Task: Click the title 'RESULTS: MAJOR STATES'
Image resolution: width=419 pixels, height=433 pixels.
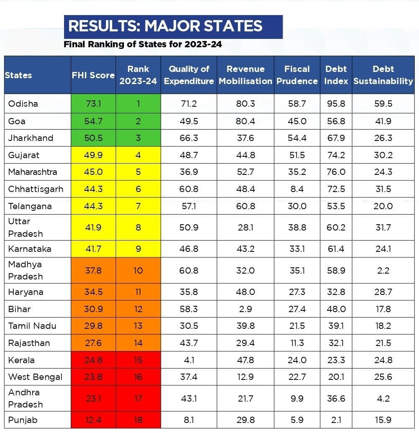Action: point(165,26)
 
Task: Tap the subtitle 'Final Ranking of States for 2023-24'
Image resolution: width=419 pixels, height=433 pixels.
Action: point(143,44)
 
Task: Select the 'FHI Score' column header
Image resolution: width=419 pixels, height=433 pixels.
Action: point(93,75)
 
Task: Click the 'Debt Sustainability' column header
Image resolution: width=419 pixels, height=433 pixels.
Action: point(383,75)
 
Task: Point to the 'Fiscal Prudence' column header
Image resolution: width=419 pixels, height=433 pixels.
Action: point(297,75)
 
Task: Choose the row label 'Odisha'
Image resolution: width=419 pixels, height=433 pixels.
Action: point(23,103)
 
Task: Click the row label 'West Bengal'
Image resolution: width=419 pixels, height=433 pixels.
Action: point(35,377)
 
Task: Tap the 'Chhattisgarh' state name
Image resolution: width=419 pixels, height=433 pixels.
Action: point(36,189)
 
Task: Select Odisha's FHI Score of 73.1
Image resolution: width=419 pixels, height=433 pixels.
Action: point(93,103)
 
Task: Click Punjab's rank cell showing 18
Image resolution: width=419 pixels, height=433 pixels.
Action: point(138,420)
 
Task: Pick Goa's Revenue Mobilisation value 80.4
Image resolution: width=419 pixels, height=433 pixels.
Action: point(245,121)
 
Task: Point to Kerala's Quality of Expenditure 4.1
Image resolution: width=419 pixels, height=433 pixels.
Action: point(188,360)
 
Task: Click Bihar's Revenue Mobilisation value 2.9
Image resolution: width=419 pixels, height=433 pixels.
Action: point(245,309)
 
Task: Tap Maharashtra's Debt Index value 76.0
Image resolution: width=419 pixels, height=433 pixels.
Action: point(336,172)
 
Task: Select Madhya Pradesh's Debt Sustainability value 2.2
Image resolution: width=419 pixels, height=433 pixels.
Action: point(383,271)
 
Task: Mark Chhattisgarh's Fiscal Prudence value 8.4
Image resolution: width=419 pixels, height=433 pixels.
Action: point(297,189)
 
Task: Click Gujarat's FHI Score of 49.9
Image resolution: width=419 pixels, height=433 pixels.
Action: point(93,155)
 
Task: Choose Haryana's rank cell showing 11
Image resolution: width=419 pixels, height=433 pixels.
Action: point(138,292)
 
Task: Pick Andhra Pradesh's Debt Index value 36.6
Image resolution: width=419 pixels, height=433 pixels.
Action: point(336,399)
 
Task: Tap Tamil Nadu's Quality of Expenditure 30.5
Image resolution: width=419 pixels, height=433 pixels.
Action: point(188,326)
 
